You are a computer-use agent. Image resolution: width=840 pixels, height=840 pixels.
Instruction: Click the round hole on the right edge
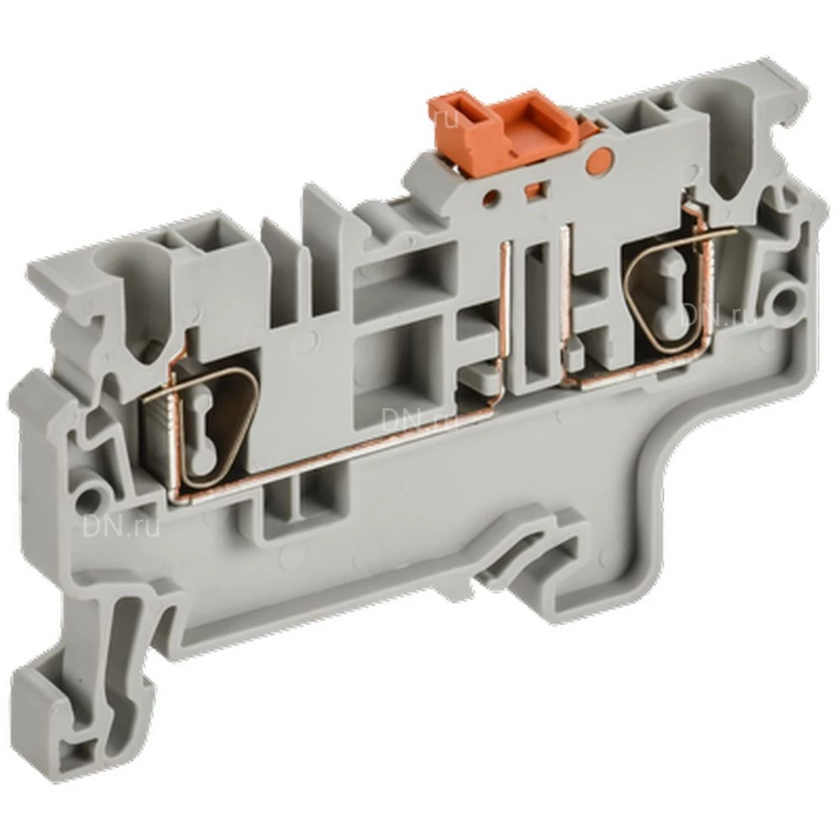point(787,297)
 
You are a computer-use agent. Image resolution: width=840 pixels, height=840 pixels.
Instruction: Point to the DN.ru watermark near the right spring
point(720,314)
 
